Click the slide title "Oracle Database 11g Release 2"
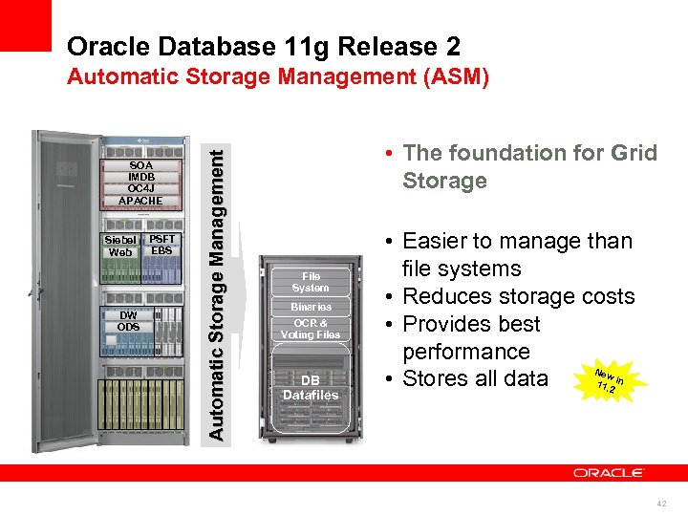click(x=264, y=46)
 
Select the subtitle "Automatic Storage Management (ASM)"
click(x=278, y=77)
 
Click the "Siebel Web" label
click(x=122, y=246)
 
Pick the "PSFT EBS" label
click(x=162, y=245)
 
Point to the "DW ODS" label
click(x=128, y=321)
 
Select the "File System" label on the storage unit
click(x=311, y=282)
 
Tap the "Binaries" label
click(x=311, y=307)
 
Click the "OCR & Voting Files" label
click(x=311, y=329)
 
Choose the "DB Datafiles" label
click(x=311, y=387)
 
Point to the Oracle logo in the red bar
click(x=608, y=473)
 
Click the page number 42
click(x=662, y=501)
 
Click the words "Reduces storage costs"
click(x=519, y=296)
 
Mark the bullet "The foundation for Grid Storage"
click(x=529, y=166)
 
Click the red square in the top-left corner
click(x=25, y=25)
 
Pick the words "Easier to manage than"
click(x=517, y=241)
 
